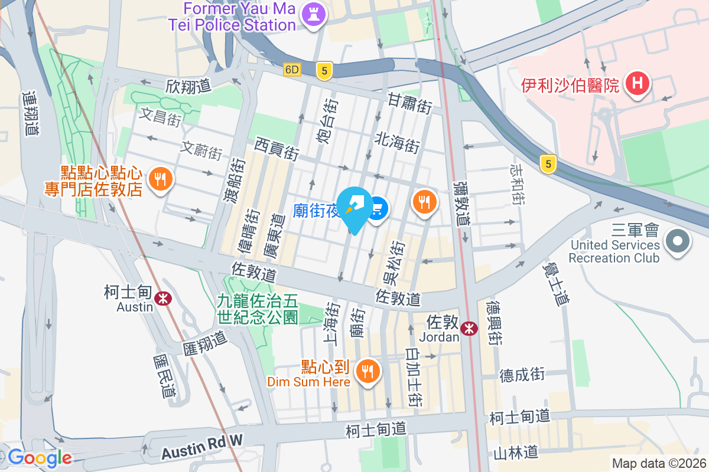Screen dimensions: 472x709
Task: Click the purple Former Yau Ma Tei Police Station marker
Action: pyautogui.click(x=313, y=15)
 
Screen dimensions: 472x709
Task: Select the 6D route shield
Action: pyautogui.click(x=292, y=70)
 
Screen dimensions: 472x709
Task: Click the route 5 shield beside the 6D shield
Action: pyautogui.click(x=323, y=71)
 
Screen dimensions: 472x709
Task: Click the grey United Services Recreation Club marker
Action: pyautogui.click(x=678, y=241)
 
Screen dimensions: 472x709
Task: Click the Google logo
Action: pyautogui.click(x=40, y=457)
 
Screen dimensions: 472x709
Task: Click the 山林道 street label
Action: pyautogui.click(x=516, y=453)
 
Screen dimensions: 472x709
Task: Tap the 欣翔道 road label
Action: pyautogui.click(x=188, y=86)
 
